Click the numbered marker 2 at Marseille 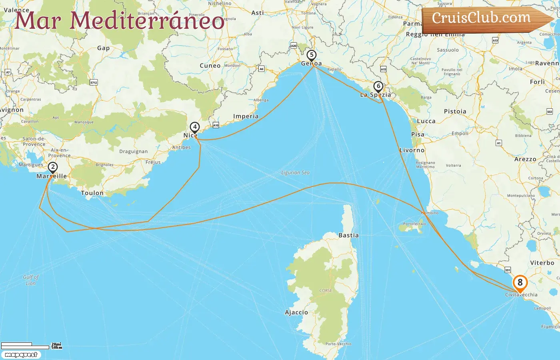52,167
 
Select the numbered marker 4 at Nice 194,127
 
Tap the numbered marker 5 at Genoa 311,55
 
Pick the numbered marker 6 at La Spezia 378,86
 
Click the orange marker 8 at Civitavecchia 520,283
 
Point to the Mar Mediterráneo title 119,20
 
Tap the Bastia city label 348,235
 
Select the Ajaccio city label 296,312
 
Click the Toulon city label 92,193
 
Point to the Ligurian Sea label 295,172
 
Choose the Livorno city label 412,150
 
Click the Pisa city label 418,134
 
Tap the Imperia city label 246,116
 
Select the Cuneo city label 210,66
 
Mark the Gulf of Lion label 31,280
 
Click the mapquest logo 21,355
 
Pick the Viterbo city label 542,263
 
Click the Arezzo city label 525,159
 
